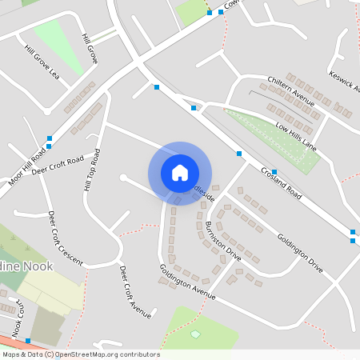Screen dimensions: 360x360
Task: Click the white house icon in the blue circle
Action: point(180,173)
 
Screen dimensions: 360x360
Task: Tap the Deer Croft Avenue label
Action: point(134,292)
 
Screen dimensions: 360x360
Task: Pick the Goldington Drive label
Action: point(299,253)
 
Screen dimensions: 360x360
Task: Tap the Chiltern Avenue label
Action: point(292,93)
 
